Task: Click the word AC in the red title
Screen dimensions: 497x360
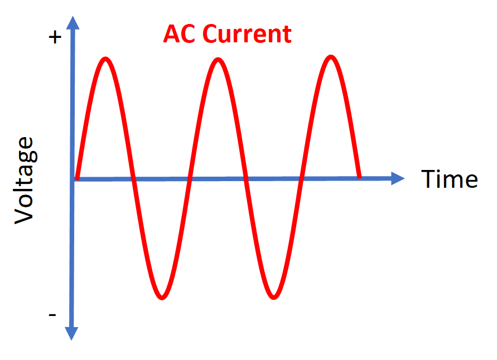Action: [x=179, y=33]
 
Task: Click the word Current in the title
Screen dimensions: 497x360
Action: [x=247, y=33]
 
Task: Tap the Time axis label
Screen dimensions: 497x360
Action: [x=449, y=179]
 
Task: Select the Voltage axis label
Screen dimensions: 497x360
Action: [x=24, y=181]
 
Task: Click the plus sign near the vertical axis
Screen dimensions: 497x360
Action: [x=55, y=37]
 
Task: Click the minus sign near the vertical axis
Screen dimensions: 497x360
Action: [x=52, y=315]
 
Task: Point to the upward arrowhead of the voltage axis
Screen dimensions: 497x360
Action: [x=73, y=22]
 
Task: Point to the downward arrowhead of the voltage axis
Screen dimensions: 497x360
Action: [x=71, y=334]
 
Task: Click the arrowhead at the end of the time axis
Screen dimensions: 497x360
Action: [x=398, y=178]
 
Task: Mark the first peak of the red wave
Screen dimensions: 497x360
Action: [x=105, y=59]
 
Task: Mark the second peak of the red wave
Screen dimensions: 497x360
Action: [x=218, y=60]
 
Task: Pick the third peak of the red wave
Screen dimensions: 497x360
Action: [x=331, y=57]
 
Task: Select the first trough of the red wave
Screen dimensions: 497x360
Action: [x=162, y=298]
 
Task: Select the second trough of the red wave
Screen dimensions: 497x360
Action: [x=274, y=298]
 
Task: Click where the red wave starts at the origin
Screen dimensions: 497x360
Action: [x=77, y=178]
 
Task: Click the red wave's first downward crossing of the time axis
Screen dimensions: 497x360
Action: [x=134, y=179]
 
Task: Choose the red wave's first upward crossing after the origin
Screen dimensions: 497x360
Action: [x=190, y=179]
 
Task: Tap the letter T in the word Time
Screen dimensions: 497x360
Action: [x=428, y=179]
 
